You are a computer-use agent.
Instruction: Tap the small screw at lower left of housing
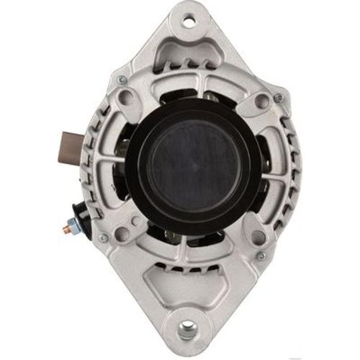point(103,238)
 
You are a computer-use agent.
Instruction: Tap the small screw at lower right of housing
point(261,256)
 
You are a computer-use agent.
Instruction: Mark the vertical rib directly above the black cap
point(189,90)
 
